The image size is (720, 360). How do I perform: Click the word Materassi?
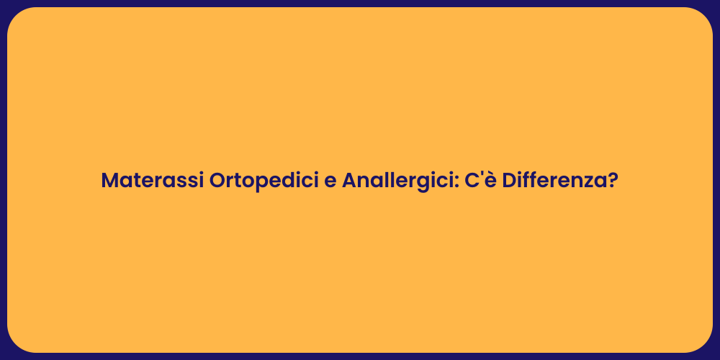point(152,181)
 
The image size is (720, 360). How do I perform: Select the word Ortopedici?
point(264,181)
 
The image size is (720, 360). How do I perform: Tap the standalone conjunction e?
point(330,182)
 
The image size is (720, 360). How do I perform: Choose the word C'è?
point(480,181)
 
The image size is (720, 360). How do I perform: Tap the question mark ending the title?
point(613,181)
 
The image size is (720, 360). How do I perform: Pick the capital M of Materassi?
point(110,181)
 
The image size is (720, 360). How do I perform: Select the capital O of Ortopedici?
point(218,181)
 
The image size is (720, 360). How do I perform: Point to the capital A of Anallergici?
point(350,181)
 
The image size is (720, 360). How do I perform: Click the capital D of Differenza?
point(509,181)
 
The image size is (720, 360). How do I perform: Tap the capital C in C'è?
point(470,181)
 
